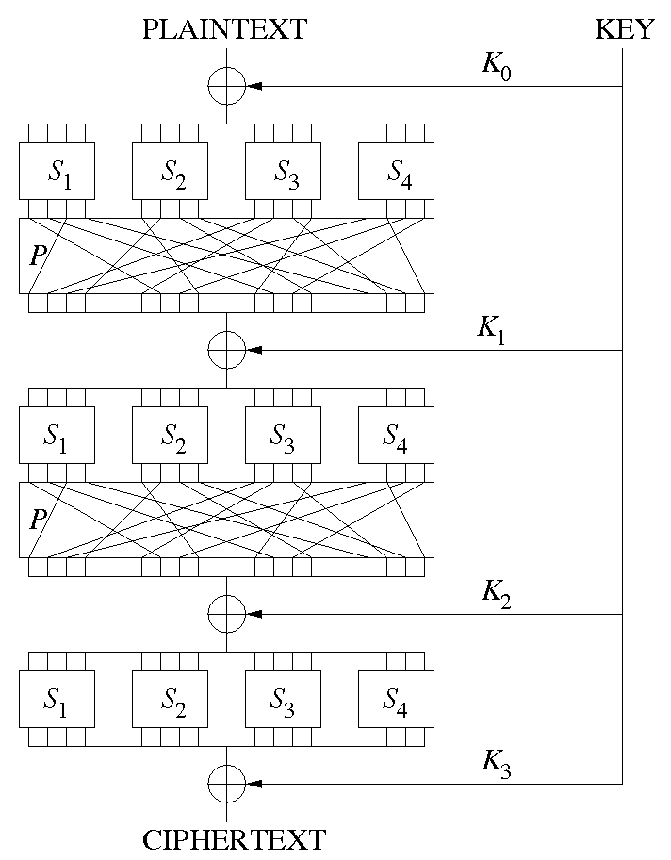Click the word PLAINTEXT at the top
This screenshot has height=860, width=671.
[x=224, y=29]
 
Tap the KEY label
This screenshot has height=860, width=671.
[x=624, y=29]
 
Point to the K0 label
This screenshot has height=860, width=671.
[x=497, y=67]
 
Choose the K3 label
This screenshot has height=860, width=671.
[x=497, y=764]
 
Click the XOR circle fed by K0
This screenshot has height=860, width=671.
[x=226, y=86]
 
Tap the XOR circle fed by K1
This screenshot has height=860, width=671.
[x=226, y=350]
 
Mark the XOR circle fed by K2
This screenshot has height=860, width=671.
[x=226, y=614]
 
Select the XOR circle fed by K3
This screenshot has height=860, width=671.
[x=226, y=784]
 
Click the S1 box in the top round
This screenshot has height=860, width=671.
[x=57, y=171]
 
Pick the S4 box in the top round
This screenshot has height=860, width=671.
[x=397, y=171]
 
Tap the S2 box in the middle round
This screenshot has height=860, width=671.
[x=171, y=435]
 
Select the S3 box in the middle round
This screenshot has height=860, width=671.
[x=284, y=435]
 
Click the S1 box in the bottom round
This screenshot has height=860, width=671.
[x=57, y=699]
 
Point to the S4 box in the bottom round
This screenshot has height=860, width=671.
[x=397, y=699]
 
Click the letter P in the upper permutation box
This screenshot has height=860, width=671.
[x=35, y=256]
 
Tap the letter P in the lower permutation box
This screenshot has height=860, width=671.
[x=35, y=520]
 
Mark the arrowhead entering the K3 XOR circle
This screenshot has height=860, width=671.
[x=253, y=784]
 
